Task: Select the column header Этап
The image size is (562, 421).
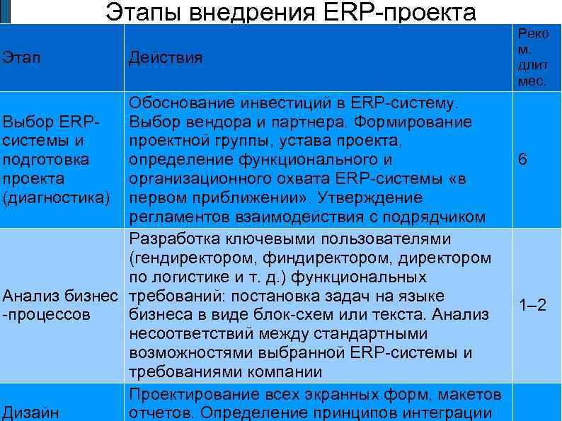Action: click(x=22, y=57)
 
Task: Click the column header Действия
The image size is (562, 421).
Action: click(x=165, y=57)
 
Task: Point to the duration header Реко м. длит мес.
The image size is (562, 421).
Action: click(x=533, y=57)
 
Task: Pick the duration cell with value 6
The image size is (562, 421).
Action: click(x=522, y=160)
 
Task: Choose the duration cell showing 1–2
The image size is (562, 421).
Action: click(x=532, y=306)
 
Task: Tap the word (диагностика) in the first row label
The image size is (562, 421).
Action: click(x=57, y=197)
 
